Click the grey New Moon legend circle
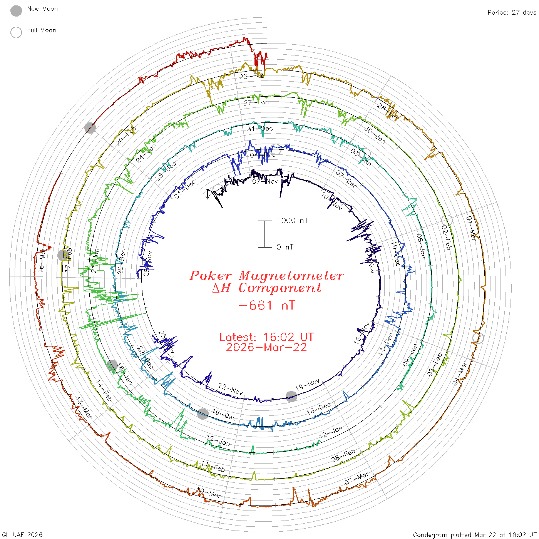coord(16,11)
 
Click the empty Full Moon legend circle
coord(16,32)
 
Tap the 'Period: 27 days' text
coord(512,12)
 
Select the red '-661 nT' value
coord(267,306)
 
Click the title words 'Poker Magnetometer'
coord(266,276)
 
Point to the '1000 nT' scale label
coord(292,221)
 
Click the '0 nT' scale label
coord(285,247)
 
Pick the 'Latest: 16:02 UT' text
coord(266,337)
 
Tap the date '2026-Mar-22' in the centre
coord(266,348)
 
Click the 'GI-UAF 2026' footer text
coord(22,535)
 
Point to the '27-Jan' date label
coord(256,102)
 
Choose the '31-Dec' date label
coord(260,129)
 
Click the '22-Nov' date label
coord(231,389)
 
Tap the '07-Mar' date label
coord(357,479)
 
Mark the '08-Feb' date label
coord(343,455)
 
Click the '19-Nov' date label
coord(308,385)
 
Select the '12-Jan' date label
coord(331,432)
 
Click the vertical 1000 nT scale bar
coord(265,234)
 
